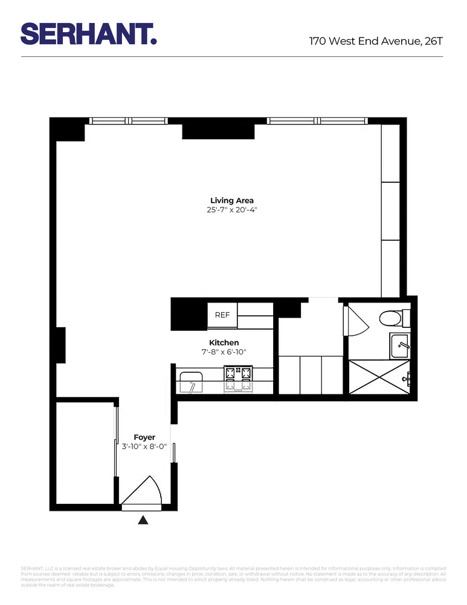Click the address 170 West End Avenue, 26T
[x=376, y=41]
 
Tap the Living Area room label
[x=232, y=200]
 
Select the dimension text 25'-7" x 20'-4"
[x=232, y=211]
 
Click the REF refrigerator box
[x=222, y=315]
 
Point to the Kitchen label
[x=224, y=342]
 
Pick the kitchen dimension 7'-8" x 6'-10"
[x=224, y=352]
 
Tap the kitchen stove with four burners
[x=237, y=378]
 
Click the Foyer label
[x=144, y=437]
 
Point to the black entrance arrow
[x=143, y=520]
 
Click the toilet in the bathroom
[x=393, y=317]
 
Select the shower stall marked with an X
[x=379, y=377]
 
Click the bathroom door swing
[x=355, y=321]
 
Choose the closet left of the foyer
[x=85, y=454]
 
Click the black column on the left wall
[x=60, y=345]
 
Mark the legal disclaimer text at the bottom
[x=233, y=577]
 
